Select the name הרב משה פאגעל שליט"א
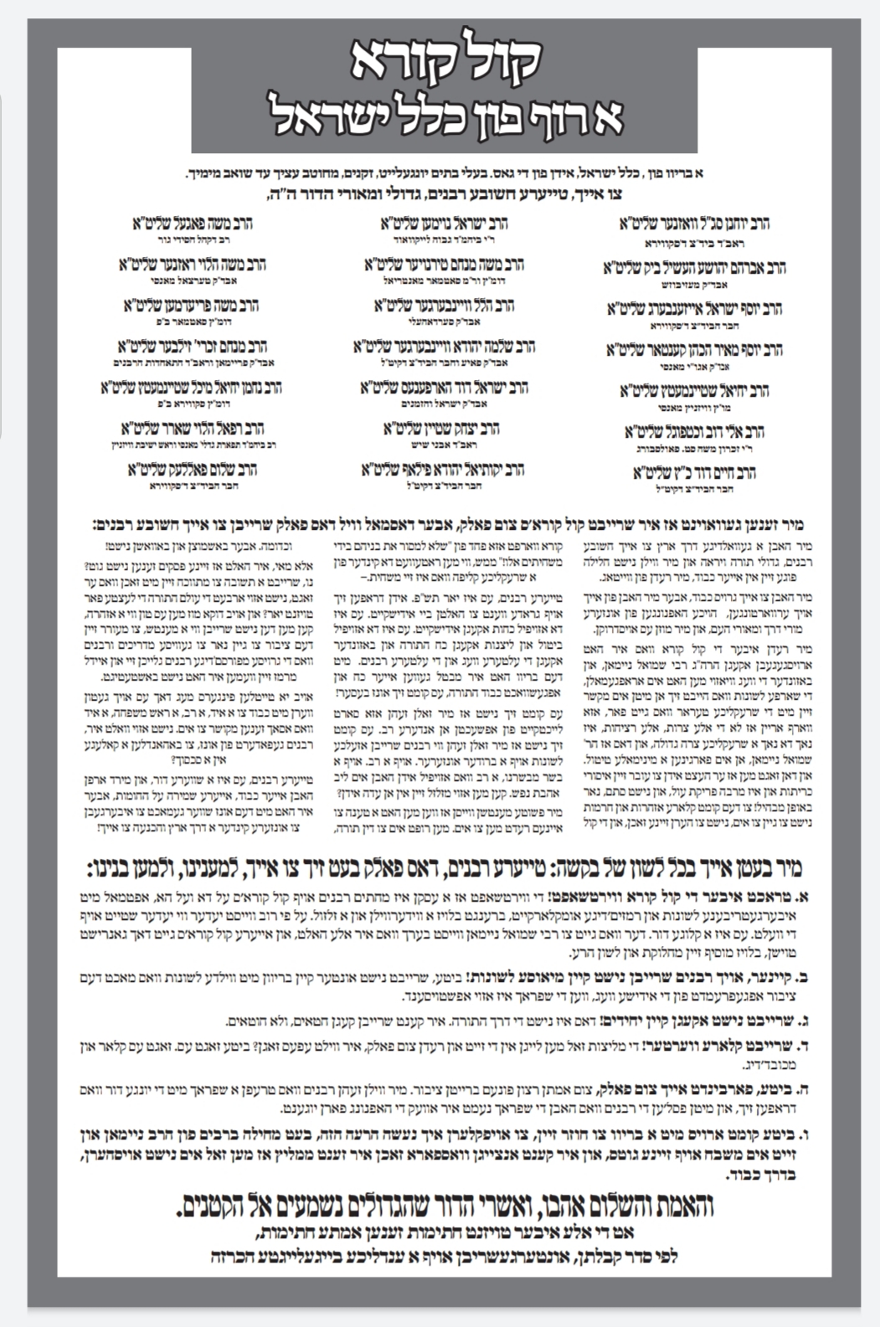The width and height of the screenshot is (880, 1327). click(193, 224)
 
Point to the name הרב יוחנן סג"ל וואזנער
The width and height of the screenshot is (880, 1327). click(695, 224)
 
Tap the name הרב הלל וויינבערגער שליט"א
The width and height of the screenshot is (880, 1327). click(445, 306)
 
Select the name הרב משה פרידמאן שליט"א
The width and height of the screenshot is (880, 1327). click(192, 306)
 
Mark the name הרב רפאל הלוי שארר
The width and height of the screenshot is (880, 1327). click(192, 429)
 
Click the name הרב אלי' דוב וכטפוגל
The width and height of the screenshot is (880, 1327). click(694, 432)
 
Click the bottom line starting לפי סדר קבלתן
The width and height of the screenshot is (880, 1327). click(445, 1256)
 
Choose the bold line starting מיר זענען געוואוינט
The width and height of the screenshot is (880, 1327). click(445, 526)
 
